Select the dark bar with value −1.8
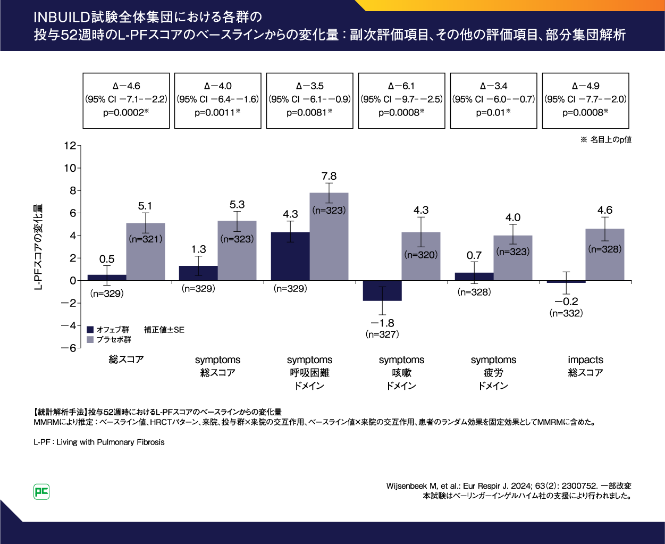tap(382, 291)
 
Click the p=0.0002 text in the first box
tap(125, 112)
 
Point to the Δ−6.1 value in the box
tap(401, 86)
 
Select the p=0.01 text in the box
tap(493, 112)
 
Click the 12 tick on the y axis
tap(70, 145)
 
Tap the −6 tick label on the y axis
tap(68, 348)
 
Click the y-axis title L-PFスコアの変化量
tap(38, 247)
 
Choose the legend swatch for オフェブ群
tap(90, 330)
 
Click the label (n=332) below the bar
tap(566, 313)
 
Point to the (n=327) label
tap(382, 334)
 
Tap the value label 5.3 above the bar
tap(237, 205)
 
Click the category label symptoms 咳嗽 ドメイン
tap(401, 373)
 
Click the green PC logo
tap(41, 492)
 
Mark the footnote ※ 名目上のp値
tap(605, 140)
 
